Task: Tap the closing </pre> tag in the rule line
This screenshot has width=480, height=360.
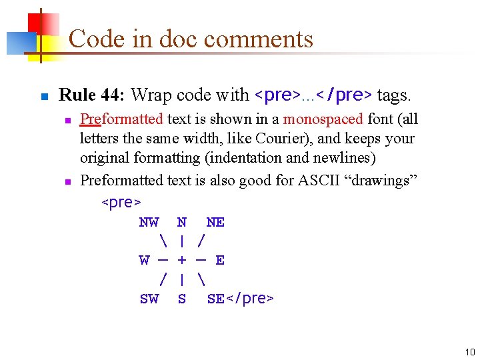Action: tap(344, 95)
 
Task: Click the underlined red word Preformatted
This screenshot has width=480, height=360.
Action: tap(121, 119)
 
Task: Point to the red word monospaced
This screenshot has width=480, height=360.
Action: tap(323, 119)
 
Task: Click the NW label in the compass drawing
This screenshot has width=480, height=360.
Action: tap(149, 222)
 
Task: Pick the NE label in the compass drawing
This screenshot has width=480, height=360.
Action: tap(215, 222)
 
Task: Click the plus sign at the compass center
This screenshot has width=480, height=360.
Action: tap(182, 260)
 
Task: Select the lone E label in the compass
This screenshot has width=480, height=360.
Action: tap(220, 260)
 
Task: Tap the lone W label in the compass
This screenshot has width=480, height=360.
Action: tap(144, 260)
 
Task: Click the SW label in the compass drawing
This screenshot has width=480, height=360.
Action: tap(149, 299)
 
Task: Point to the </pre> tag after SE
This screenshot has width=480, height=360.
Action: tap(249, 299)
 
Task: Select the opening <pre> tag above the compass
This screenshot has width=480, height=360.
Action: tap(121, 201)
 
